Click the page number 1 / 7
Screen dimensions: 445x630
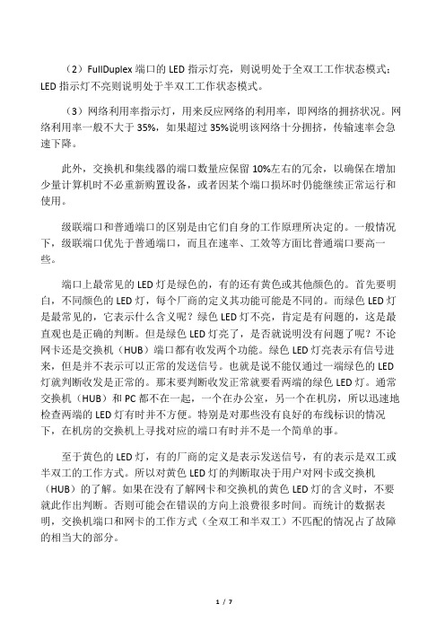coord(222,600)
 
